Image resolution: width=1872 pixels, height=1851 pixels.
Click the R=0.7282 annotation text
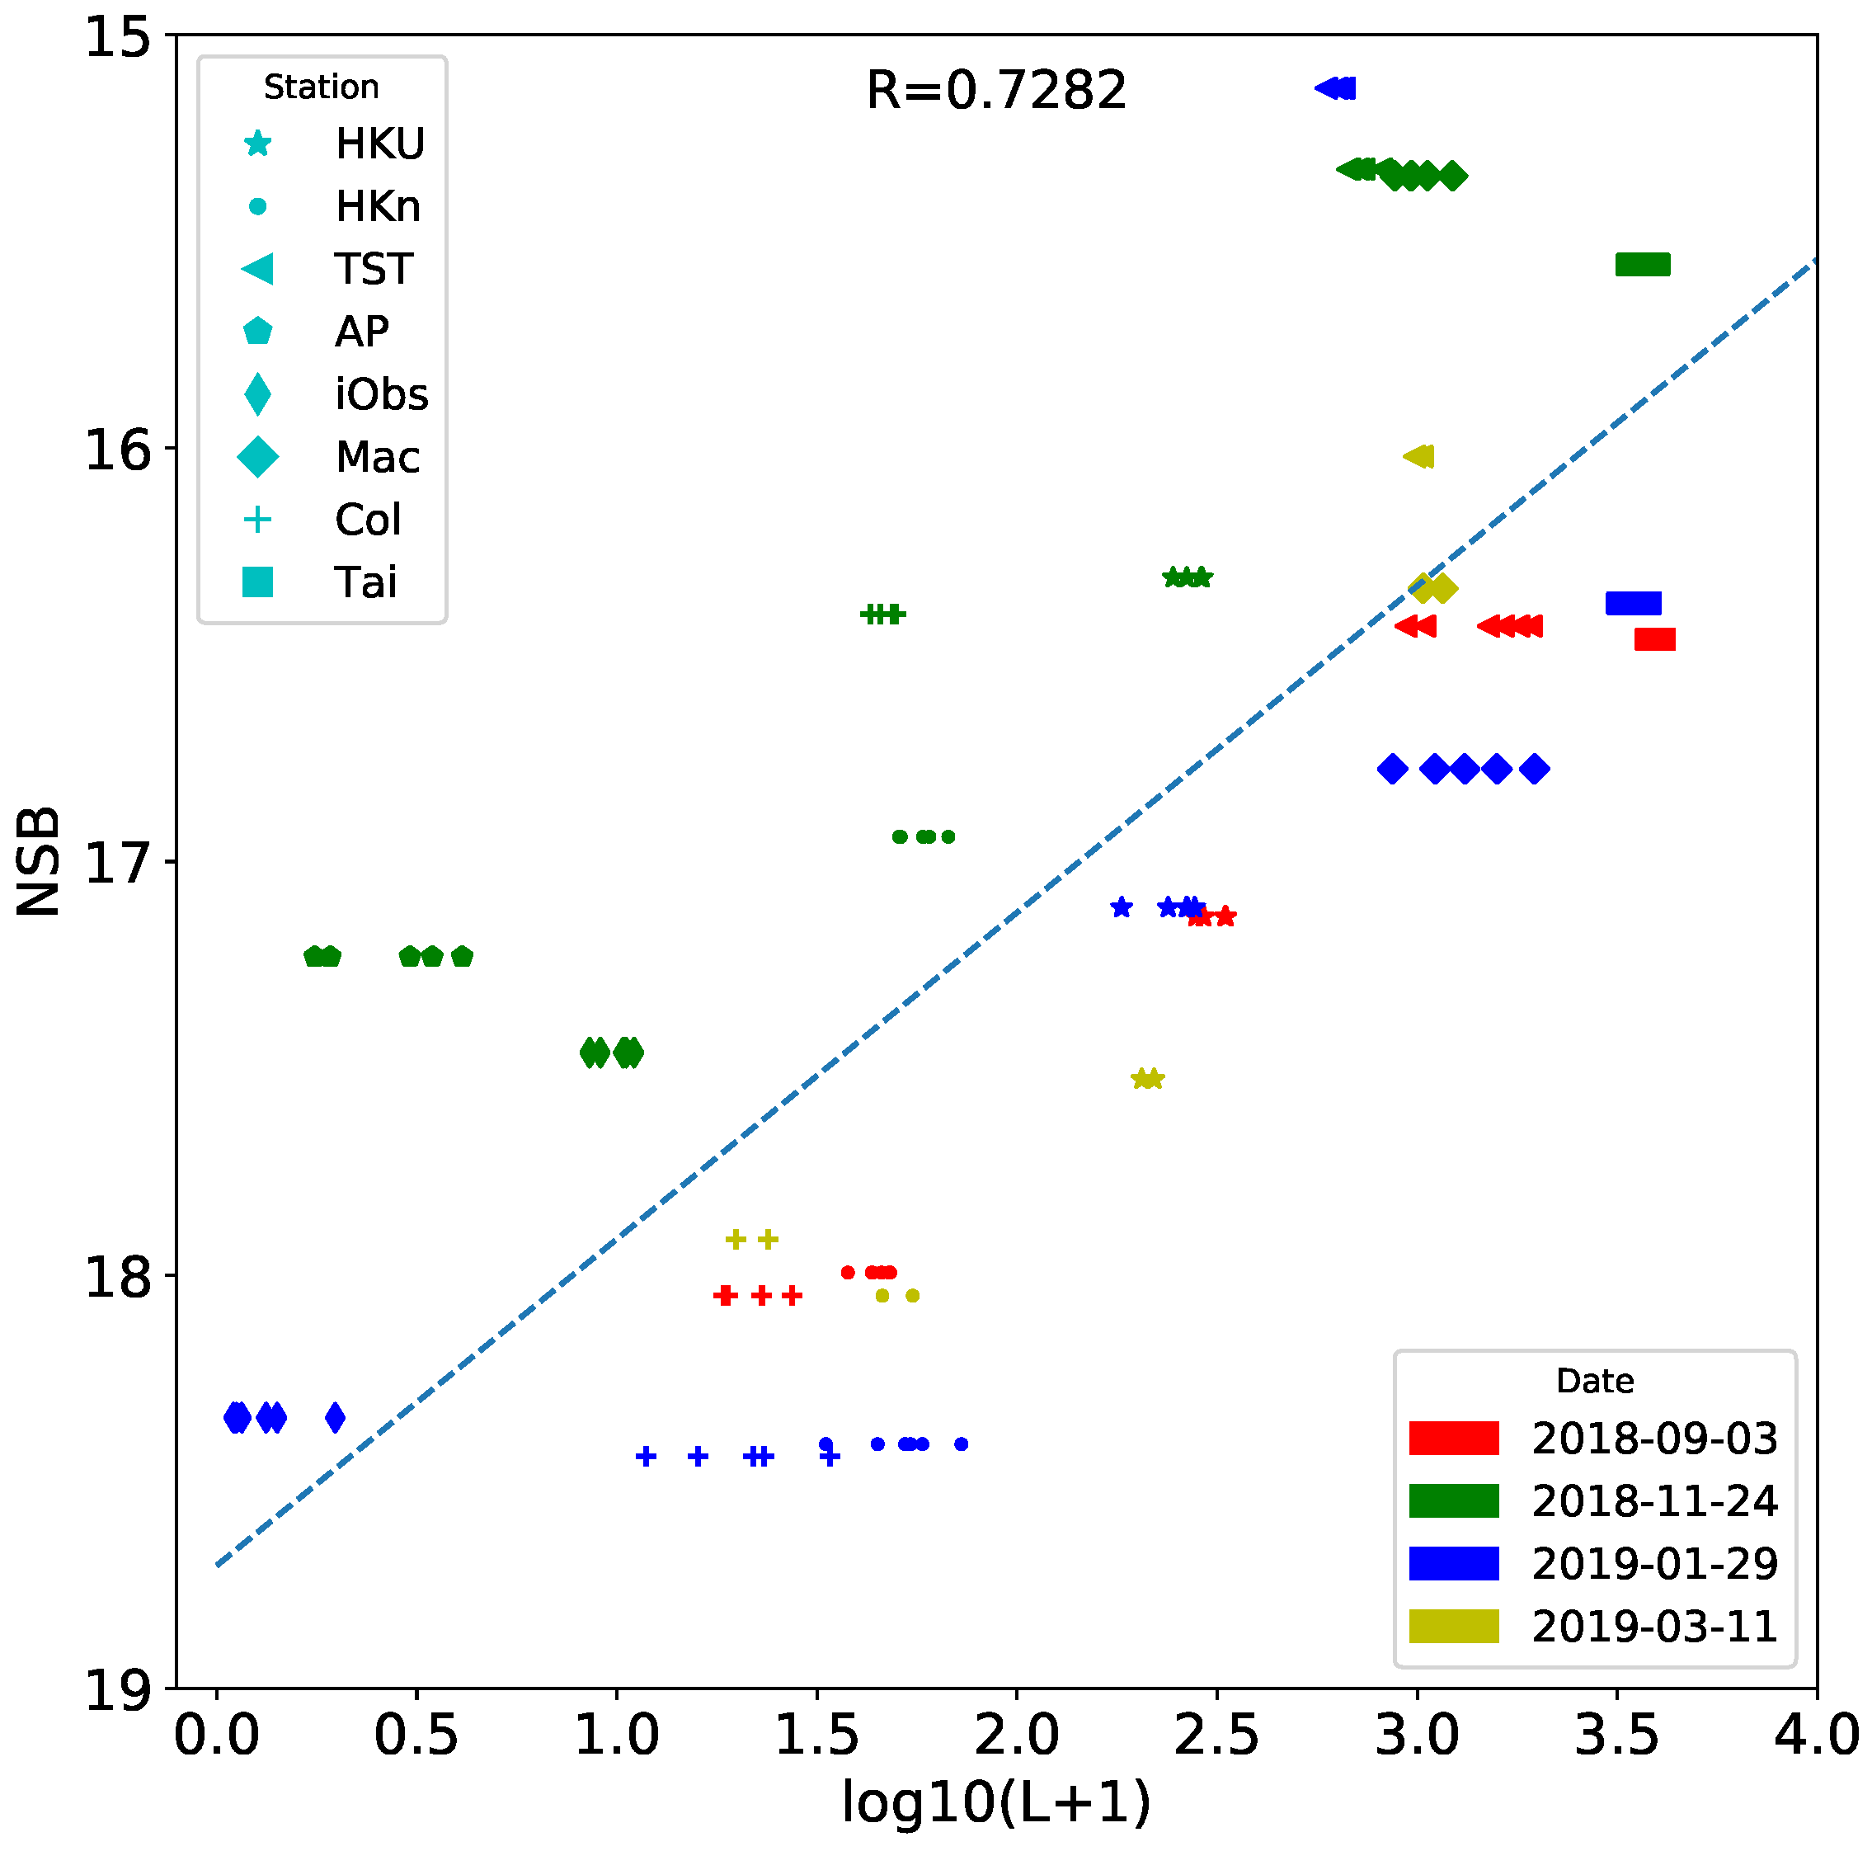(995, 90)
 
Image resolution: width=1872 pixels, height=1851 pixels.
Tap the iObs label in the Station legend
(382, 394)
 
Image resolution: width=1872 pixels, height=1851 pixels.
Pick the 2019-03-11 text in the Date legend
(1654, 1626)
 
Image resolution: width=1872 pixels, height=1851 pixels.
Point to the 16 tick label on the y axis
(118, 450)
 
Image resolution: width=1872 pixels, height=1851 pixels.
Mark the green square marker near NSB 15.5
(1643, 264)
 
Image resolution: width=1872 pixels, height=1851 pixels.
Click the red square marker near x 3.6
(1654, 638)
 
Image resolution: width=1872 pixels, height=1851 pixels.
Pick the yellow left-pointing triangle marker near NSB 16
(1419, 455)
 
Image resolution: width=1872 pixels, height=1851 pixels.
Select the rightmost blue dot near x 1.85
(962, 1444)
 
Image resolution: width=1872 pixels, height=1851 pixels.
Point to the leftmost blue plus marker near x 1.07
(647, 1456)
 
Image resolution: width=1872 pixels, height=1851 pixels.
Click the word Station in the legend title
(321, 87)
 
